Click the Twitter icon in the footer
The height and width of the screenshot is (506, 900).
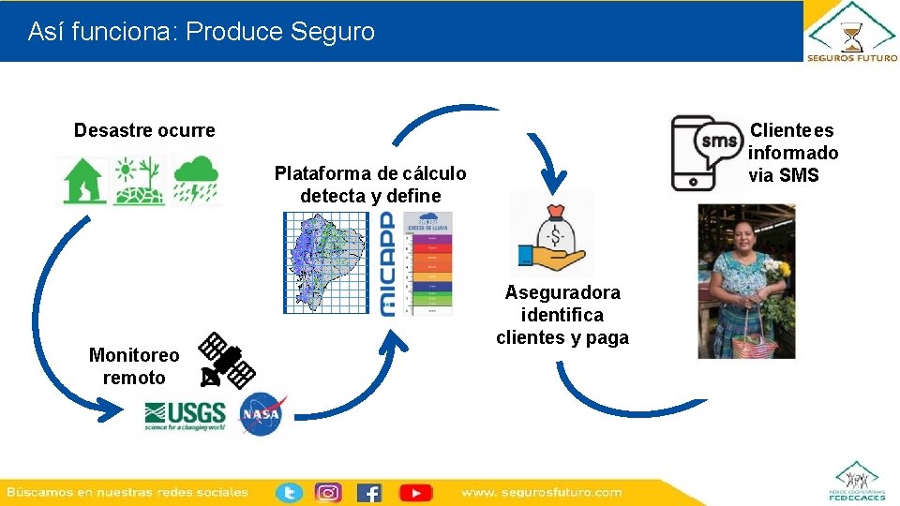pyautogui.click(x=289, y=492)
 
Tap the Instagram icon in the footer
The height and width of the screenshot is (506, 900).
pyautogui.click(x=328, y=492)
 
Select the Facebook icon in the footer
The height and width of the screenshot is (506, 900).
pyautogui.click(x=369, y=492)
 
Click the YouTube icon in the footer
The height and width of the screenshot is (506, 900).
pyautogui.click(x=415, y=492)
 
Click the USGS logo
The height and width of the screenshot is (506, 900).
pyautogui.click(x=185, y=415)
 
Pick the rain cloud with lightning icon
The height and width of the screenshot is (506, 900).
pyautogui.click(x=196, y=179)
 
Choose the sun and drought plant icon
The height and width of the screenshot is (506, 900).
pyautogui.click(x=138, y=180)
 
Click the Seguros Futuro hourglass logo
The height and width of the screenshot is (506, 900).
pyautogui.click(x=851, y=33)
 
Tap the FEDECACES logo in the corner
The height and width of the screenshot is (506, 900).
pyautogui.click(x=856, y=480)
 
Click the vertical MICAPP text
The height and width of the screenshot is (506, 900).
pyautogui.click(x=388, y=263)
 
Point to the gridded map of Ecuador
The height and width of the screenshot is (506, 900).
pyautogui.click(x=325, y=262)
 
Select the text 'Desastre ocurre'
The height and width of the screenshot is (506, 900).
pyautogui.click(x=144, y=130)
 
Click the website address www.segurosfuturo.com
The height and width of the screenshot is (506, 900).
pyautogui.click(x=541, y=492)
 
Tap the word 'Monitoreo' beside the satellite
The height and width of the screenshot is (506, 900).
pyautogui.click(x=133, y=355)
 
